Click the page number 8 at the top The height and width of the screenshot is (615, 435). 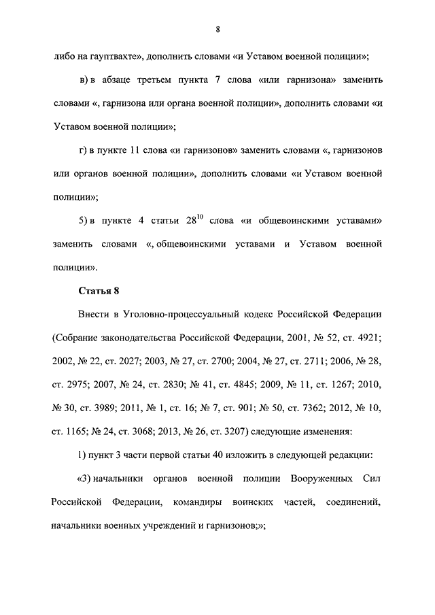pos(217,29)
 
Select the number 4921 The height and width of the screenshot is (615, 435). pos(364,338)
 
